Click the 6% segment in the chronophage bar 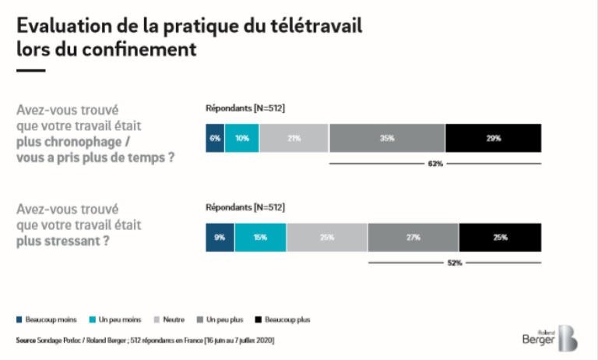[x=215, y=138]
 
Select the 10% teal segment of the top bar [x=242, y=138]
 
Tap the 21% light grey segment [x=294, y=138]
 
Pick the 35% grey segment [x=387, y=138]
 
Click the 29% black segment [x=493, y=138]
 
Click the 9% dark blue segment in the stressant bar [x=220, y=238]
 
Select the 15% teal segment [x=260, y=238]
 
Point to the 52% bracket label [x=454, y=263]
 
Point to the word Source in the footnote [x=26, y=341]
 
